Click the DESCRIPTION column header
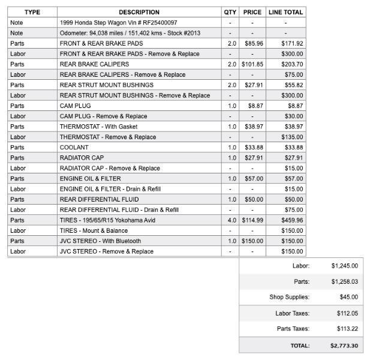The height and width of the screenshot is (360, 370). pos(139,12)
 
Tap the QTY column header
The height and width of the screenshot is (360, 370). pos(230,12)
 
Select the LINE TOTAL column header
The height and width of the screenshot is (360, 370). pos(285,12)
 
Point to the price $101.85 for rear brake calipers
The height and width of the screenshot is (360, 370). pos(252,64)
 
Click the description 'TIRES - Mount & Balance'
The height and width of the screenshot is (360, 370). pos(94,230)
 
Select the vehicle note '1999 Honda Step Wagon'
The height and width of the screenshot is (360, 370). pos(118,22)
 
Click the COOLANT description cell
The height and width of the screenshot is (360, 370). pos(74,148)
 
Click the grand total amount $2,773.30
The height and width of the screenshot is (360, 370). pos(344,346)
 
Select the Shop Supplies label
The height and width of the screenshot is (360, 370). pos(289,297)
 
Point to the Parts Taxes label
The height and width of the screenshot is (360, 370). pos(293,329)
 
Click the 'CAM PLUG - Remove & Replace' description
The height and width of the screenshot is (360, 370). pos(103,116)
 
